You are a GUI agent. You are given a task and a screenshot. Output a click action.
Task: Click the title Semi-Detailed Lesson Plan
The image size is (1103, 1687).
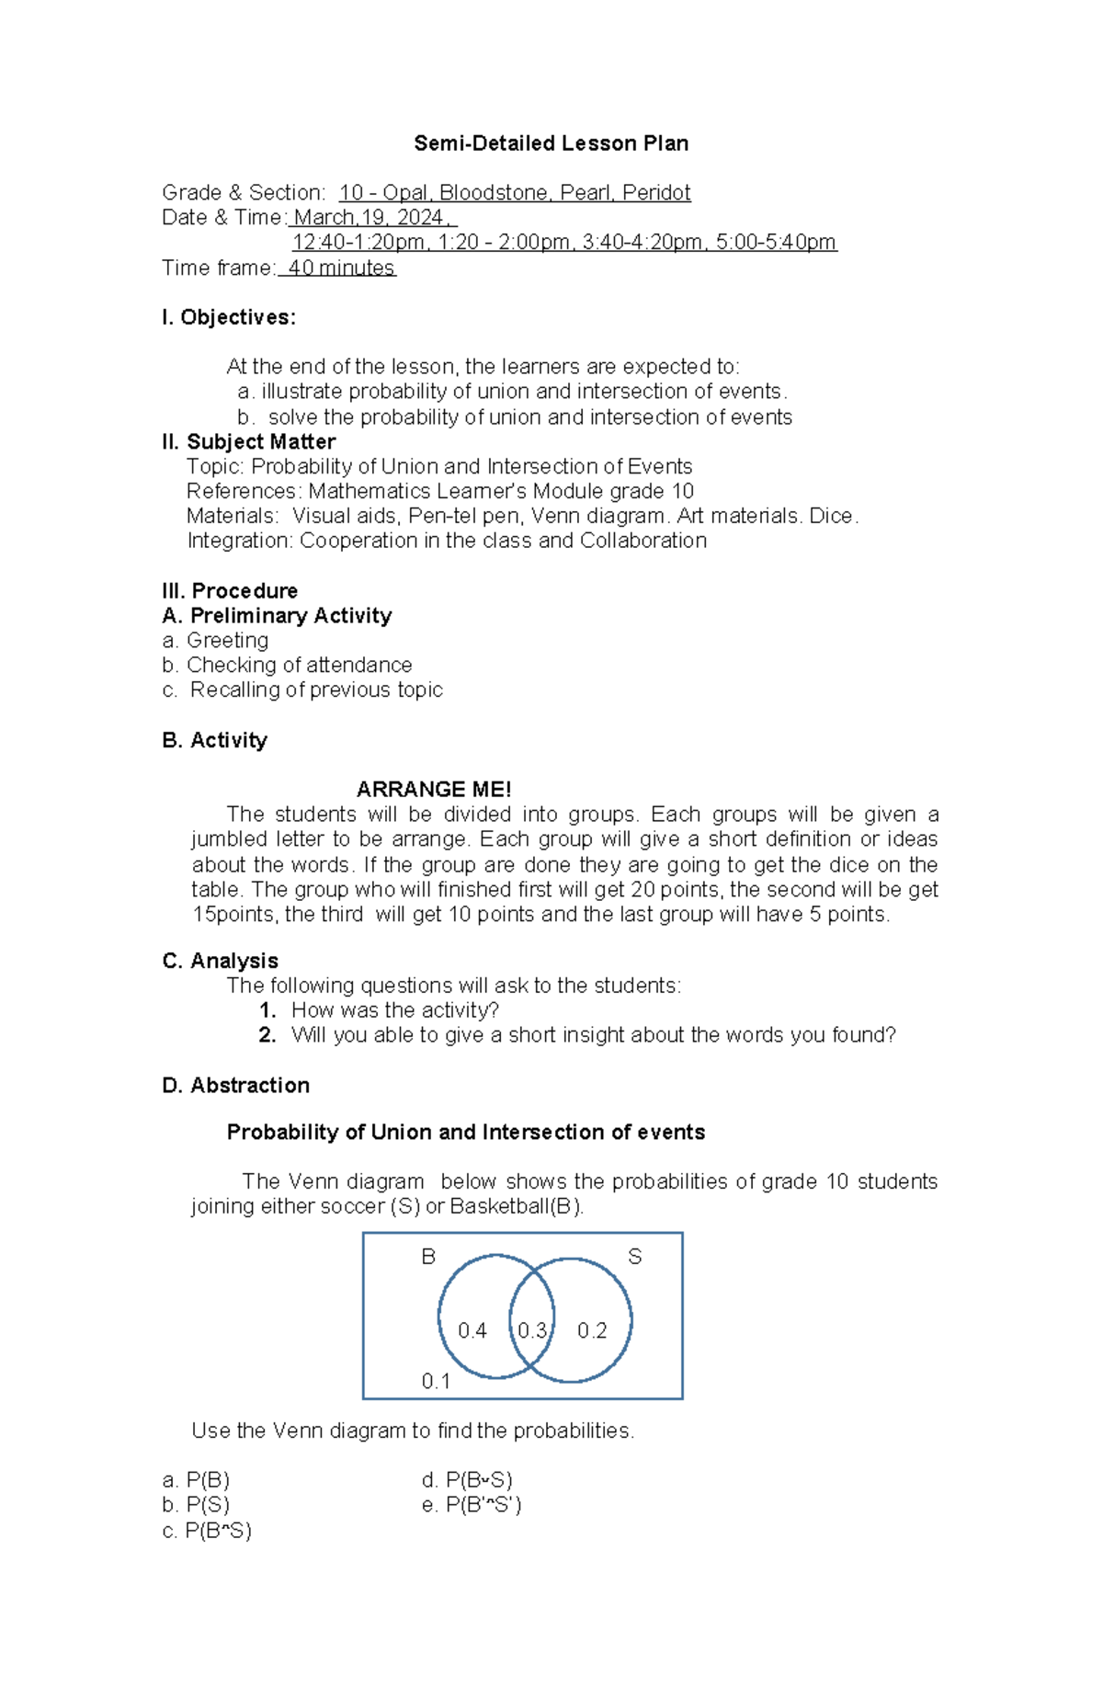[x=551, y=143]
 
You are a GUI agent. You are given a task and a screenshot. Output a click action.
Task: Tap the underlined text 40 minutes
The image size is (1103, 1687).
[x=340, y=268]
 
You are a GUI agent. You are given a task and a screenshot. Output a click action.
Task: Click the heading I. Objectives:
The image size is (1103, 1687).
[x=229, y=318]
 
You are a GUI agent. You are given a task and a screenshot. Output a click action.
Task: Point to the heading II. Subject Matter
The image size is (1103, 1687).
[x=248, y=442]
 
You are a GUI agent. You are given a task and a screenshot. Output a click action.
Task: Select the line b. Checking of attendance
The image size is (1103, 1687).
[x=287, y=666]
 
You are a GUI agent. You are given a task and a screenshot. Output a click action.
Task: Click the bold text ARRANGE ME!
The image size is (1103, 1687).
[x=433, y=790]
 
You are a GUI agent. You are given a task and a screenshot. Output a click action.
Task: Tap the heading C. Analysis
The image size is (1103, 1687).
[x=220, y=962]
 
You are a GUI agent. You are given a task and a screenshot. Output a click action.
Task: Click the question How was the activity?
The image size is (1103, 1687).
[x=394, y=1010]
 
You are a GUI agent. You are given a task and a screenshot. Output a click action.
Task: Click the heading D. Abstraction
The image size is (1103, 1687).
[x=235, y=1086]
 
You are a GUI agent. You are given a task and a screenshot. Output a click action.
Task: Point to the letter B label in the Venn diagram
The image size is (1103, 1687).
[x=428, y=1257]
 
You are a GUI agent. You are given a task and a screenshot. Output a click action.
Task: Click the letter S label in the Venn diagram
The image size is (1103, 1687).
[x=634, y=1257]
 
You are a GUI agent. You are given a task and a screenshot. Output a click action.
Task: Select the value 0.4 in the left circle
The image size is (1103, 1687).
[x=472, y=1331]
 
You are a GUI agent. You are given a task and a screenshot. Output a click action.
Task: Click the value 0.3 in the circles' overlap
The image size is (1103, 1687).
[x=532, y=1331]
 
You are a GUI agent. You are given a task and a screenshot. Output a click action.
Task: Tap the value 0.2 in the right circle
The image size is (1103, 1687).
[x=592, y=1331]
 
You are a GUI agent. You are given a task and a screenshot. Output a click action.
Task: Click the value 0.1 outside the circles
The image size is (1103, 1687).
[x=436, y=1382]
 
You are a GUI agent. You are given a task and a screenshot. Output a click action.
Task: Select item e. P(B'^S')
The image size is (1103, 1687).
[x=472, y=1505]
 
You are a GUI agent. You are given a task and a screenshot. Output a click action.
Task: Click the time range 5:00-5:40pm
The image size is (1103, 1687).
[x=776, y=243]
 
